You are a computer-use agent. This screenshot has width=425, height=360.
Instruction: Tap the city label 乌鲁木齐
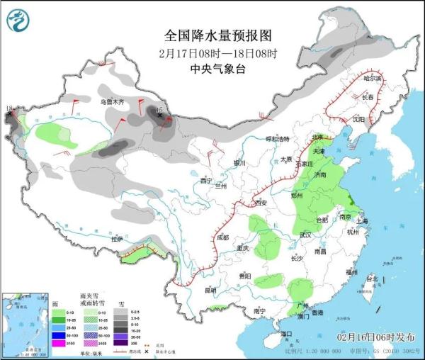[111, 103]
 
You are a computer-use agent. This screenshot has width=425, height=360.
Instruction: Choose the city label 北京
[318, 137]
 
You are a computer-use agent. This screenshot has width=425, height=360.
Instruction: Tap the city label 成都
[223, 237]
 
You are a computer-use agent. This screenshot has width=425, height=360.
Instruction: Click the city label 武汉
[305, 235]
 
